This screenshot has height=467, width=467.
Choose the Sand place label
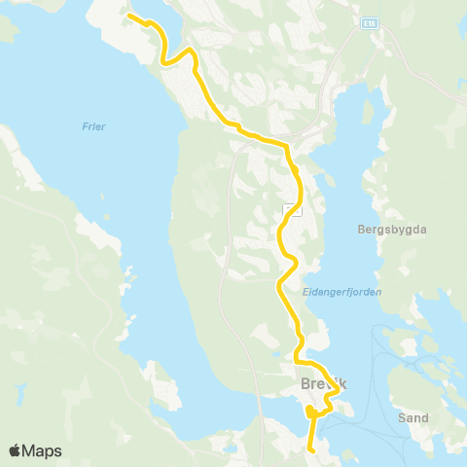pos(413,417)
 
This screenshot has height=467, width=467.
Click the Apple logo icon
pos(16,450)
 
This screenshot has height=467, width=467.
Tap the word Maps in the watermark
pos(43,450)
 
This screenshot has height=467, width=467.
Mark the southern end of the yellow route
pos(309,450)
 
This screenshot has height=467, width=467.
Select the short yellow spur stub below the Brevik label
pos(308,414)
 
